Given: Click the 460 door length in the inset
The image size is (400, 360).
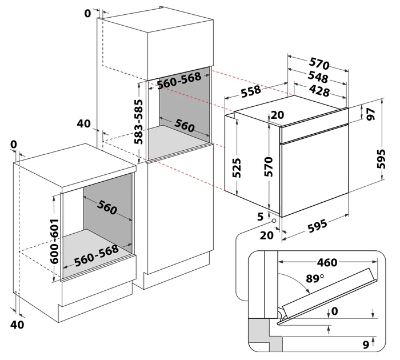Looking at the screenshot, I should (x=326, y=263).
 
